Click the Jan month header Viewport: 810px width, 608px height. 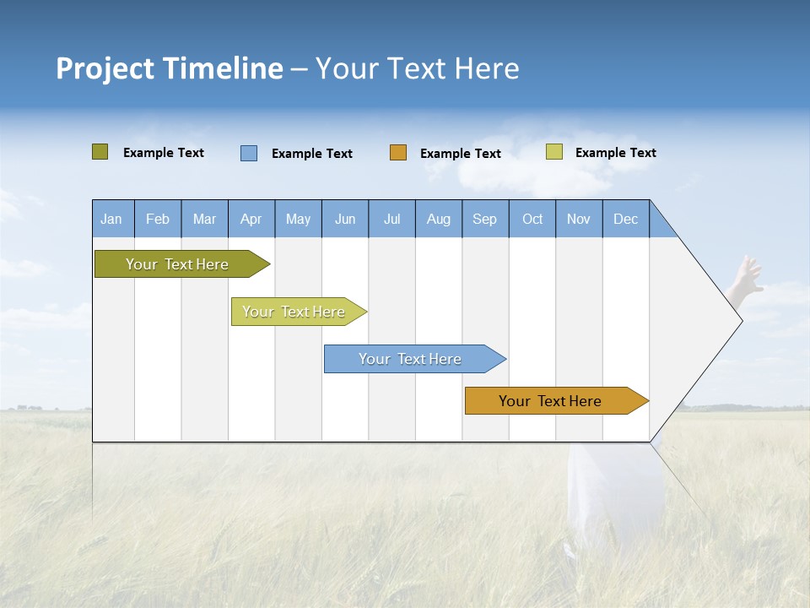pos(112,219)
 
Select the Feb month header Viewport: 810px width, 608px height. pos(158,219)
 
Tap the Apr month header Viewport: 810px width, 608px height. pos(251,219)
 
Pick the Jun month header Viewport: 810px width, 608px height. pos(345,219)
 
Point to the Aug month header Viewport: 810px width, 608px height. pos(439,219)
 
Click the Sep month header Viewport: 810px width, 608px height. pos(485,219)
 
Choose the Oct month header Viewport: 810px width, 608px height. pos(532,219)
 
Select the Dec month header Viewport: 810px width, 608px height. pos(626,219)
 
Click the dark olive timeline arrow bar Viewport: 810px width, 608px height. pos(177,264)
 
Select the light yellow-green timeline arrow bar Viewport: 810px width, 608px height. pos(294,312)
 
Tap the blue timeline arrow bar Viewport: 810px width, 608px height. pos(410,359)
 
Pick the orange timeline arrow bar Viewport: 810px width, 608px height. pos(550,401)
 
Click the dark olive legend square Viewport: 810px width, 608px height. pos(100,152)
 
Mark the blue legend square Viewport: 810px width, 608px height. pos(249,153)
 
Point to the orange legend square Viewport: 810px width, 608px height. pos(398,153)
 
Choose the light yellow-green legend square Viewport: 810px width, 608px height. pos(554,152)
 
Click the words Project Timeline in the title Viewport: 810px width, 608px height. pos(169,68)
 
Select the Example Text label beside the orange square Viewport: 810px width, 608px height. pos(461,154)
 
